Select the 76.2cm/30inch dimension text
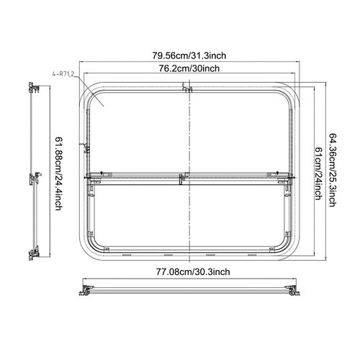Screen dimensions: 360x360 tap(190, 69)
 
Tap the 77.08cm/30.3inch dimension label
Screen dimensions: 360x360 tap(190, 271)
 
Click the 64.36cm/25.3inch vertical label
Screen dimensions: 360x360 tap(333, 170)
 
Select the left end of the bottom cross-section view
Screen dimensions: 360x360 tap(87, 290)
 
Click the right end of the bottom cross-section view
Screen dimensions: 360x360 tap(293, 290)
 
